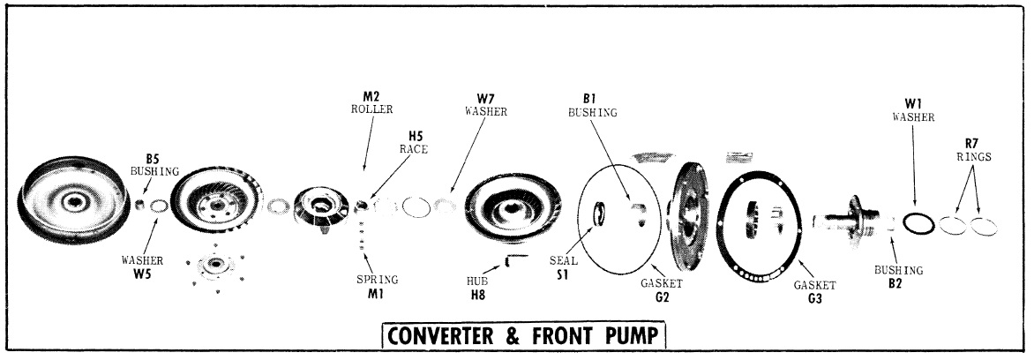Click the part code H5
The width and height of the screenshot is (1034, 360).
coord(416,137)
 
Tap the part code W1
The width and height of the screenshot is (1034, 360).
coord(908,103)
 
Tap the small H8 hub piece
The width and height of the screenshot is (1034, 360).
coord(517,258)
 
